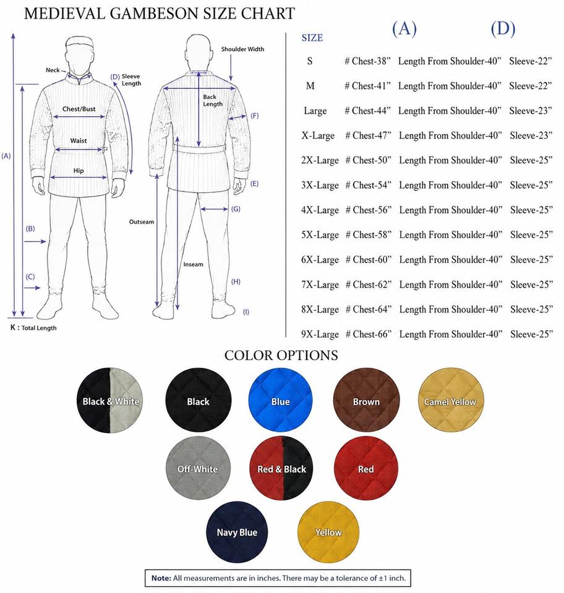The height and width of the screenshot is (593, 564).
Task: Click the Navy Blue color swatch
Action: point(237,532)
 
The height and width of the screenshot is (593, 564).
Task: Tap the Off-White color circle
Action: point(198,468)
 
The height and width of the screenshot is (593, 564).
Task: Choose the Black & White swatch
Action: point(110,400)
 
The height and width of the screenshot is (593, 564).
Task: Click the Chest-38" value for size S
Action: point(367,61)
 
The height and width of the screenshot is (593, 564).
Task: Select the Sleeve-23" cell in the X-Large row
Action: point(531,135)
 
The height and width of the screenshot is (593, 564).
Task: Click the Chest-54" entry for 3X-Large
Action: point(368,185)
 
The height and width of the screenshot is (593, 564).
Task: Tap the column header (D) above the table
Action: point(503,29)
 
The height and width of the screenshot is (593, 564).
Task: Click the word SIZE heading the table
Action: point(312,38)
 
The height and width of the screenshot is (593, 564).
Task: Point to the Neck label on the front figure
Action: point(53,70)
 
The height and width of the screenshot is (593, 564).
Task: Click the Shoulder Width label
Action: point(242,49)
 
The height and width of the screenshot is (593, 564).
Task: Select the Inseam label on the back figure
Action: point(193,264)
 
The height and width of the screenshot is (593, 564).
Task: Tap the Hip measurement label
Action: point(79,170)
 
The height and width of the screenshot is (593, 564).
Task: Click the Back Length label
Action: point(213,100)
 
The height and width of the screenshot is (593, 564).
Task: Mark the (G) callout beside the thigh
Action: point(236,209)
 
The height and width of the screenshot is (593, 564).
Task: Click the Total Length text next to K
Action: point(39,328)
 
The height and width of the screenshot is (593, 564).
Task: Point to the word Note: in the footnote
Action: point(161,578)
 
